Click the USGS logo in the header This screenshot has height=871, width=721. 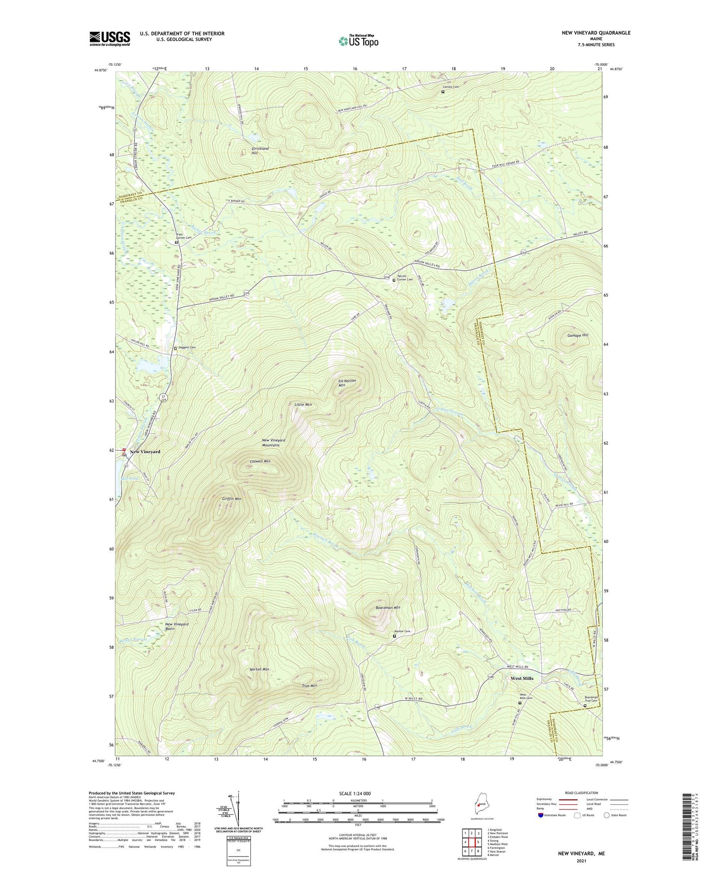point(110,38)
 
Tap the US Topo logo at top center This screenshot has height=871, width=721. point(358,40)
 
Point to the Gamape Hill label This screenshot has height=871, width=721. point(577,335)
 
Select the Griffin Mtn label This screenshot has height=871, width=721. point(231,499)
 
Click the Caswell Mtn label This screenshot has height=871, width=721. point(260,461)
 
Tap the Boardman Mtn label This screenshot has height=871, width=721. point(387,607)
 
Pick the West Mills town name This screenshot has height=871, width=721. point(522,678)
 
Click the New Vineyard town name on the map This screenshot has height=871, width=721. point(145,452)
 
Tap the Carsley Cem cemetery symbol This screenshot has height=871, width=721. point(443,91)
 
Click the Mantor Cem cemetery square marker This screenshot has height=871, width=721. point(395,636)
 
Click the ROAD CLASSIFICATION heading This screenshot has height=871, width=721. point(582,793)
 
